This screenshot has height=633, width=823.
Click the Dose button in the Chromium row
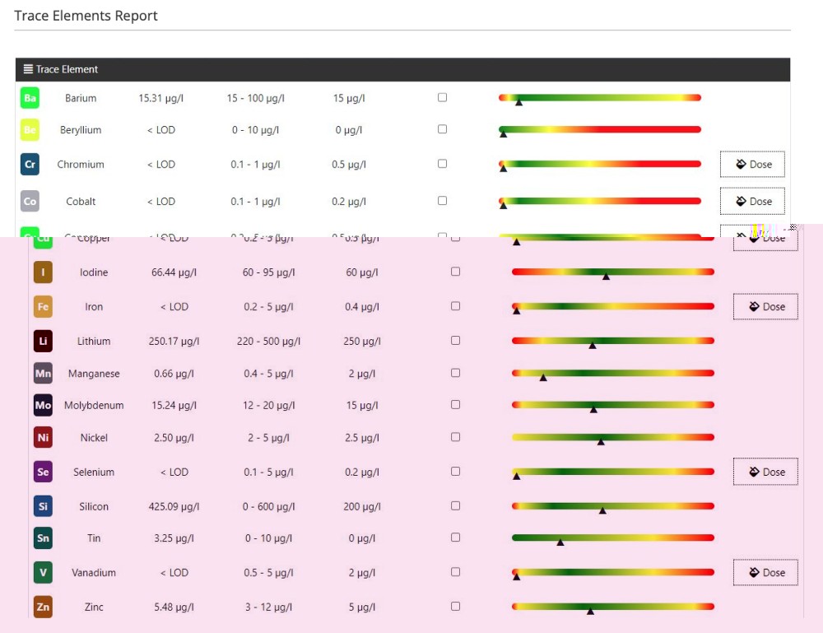[752, 165]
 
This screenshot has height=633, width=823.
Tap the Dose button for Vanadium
[765, 573]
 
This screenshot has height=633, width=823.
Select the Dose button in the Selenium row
[765, 472]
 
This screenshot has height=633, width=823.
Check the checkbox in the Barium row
[443, 97]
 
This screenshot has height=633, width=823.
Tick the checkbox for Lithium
[456, 340]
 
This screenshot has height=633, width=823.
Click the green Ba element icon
[30, 99]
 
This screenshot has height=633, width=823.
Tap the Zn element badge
[43, 607]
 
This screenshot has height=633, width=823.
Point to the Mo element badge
[43, 405]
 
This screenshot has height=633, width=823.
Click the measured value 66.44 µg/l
[174, 272]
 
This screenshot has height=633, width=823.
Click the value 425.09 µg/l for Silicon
[174, 506]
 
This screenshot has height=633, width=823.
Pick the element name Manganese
[94, 374]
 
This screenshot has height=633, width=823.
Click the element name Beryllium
[81, 130]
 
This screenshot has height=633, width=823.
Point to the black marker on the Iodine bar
[607, 277]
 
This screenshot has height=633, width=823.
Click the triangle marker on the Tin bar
[560, 542]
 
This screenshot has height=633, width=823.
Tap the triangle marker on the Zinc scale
[590, 611]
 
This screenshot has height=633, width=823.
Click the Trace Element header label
[67, 70]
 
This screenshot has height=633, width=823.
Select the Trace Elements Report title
[86, 16]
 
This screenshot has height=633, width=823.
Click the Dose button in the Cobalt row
[752, 202]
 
